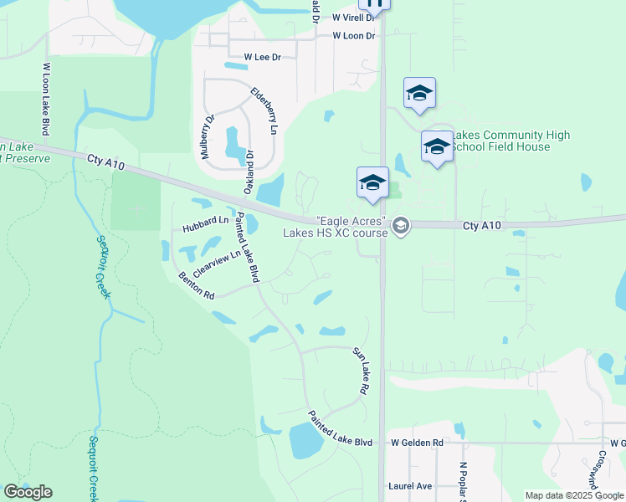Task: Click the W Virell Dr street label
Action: [x=353, y=17]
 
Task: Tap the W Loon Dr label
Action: [x=353, y=36]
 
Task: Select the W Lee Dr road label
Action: [x=262, y=57]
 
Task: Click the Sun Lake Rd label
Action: [x=361, y=371]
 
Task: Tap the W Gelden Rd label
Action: [x=416, y=443]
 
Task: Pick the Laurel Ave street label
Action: [x=410, y=485]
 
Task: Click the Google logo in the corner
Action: [x=28, y=492]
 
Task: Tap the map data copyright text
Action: [x=574, y=495]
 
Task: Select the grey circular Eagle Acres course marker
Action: [x=401, y=225]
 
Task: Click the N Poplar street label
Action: [x=462, y=482]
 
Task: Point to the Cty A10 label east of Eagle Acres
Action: [x=482, y=226]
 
